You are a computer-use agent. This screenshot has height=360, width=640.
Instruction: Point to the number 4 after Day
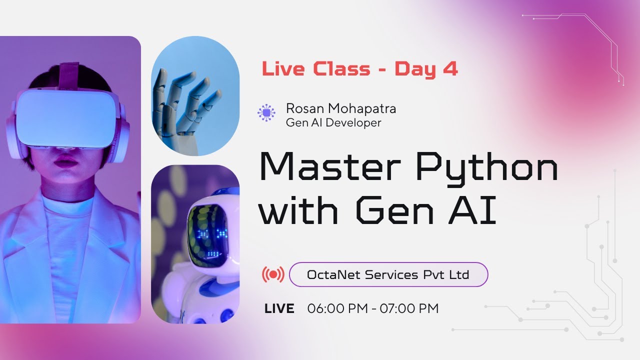(x=450, y=69)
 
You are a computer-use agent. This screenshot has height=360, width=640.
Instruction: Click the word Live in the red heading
(x=283, y=69)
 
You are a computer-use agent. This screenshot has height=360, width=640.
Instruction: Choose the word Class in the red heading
(x=342, y=69)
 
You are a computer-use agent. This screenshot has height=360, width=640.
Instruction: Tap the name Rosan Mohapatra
(x=340, y=107)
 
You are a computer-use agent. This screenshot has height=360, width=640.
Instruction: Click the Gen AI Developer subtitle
(x=333, y=122)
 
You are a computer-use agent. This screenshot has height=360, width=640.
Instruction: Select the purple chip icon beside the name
(x=266, y=113)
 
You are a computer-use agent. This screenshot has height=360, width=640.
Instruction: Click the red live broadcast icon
(x=273, y=274)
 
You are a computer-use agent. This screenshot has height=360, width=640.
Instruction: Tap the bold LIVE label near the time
(x=279, y=309)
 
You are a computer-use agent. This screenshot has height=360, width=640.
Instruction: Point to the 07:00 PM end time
(x=409, y=309)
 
